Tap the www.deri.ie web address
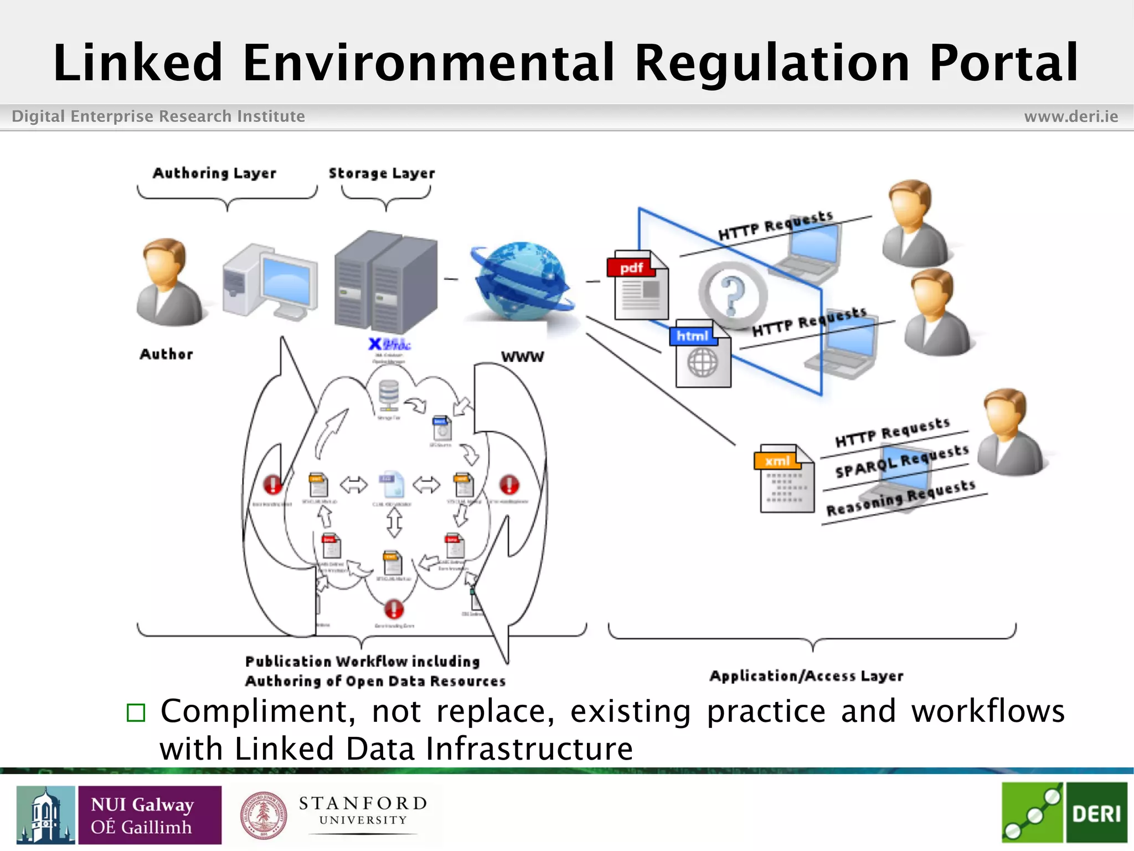click(1071, 116)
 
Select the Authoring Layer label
click(214, 173)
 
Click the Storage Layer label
click(382, 173)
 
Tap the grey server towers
click(385, 281)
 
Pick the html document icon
click(700, 353)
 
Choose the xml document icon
click(785, 479)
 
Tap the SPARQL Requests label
click(901, 462)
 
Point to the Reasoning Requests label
click(900, 498)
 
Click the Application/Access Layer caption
click(806, 676)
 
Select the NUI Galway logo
click(119, 815)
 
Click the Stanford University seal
click(264, 815)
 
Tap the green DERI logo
click(1064, 813)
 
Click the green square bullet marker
click(136, 712)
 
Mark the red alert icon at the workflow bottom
click(394, 609)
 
